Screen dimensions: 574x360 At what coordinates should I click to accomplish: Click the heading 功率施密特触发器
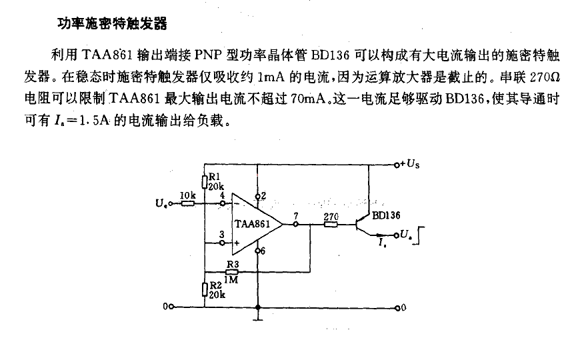coord(113,24)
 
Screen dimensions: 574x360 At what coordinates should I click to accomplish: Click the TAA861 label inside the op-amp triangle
coord(252,224)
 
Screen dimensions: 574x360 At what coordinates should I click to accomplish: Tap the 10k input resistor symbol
coord(188,203)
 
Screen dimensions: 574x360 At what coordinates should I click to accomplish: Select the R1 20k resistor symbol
coord(205,181)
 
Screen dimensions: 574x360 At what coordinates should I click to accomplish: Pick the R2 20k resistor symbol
coord(205,289)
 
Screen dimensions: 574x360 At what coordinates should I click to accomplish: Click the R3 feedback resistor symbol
coord(232,272)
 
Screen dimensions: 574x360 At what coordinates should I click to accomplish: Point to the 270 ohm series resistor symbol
coord(331,224)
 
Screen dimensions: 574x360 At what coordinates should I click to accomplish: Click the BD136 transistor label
coord(386,215)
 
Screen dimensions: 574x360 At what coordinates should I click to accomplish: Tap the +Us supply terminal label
coord(410,164)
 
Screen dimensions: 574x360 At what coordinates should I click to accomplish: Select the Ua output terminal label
coord(405,235)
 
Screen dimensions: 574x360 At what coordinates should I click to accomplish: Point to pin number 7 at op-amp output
coord(296,216)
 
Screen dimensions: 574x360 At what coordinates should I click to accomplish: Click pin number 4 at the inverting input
coord(222,195)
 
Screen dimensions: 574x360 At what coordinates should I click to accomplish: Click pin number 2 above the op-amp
coord(263,196)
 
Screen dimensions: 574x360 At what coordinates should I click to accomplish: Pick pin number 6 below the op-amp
coord(263,251)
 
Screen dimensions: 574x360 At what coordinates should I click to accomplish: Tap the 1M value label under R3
coord(231,280)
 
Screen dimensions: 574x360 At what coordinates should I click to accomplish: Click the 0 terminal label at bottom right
coord(403,307)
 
